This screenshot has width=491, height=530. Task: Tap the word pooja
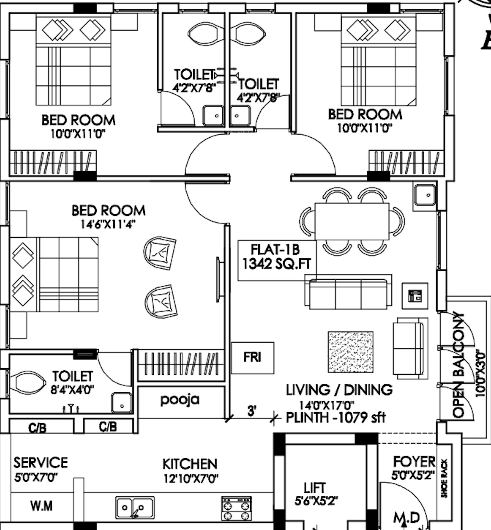[x=180, y=400]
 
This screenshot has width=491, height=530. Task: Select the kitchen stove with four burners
[x=236, y=508]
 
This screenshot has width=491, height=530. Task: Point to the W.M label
[x=41, y=506]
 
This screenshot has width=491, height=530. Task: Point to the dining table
[x=352, y=221]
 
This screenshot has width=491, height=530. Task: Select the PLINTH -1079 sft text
[x=335, y=418]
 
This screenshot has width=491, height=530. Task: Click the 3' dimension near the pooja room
[x=252, y=411]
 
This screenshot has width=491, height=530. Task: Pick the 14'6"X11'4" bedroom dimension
[x=108, y=225]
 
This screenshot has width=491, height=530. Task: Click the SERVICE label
[x=41, y=463]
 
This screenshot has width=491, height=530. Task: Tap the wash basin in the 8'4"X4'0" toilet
[x=122, y=403]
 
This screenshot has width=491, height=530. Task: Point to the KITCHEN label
[x=190, y=464]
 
